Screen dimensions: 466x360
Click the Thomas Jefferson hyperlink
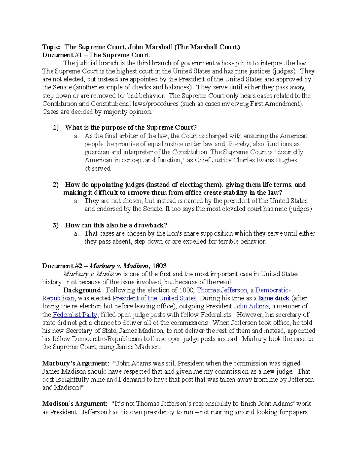[x=222, y=290]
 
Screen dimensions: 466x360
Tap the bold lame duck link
[x=274, y=298]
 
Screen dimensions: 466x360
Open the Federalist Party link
[x=75, y=314]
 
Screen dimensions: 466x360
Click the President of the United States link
[x=154, y=298]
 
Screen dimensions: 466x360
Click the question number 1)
[x=56, y=128]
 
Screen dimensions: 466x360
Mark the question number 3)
[x=56, y=225]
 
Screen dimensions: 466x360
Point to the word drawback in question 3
[x=150, y=225]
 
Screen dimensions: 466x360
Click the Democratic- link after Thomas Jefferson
[x=273, y=290]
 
